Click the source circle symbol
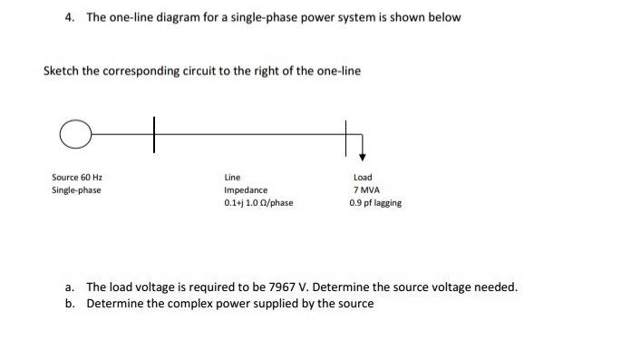tap(77, 134)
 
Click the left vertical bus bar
tap(154, 134)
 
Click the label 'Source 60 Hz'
tap(76, 178)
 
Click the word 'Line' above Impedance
tap(232, 178)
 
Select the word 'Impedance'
tap(246, 190)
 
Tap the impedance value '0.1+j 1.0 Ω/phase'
tap(258, 203)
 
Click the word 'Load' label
tap(363, 178)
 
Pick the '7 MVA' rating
tap(365, 190)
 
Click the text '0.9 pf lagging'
tap(374, 203)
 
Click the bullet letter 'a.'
tap(71, 287)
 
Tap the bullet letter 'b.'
tap(71, 303)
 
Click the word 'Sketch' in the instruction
tap(62, 72)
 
